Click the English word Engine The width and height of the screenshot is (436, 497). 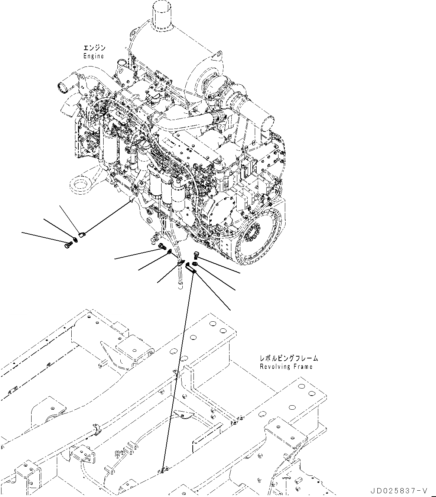click(94, 56)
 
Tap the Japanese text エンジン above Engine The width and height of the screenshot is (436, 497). click(94, 48)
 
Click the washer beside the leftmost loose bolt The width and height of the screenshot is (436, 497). click(76, 239)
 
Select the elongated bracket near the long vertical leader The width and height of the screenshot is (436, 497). click(191, 268)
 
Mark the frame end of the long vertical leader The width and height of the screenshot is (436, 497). click(163, 471)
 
